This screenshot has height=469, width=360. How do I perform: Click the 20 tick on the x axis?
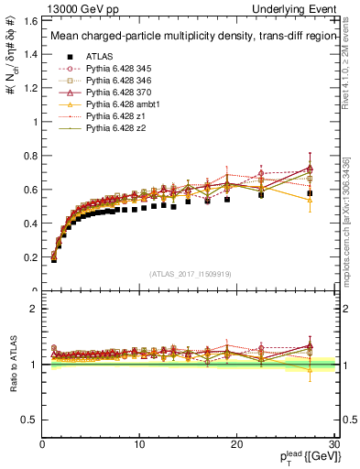coord(237,444)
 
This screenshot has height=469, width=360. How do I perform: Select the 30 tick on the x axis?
coord(334,444)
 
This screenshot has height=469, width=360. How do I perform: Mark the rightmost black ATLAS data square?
coord(310,193)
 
